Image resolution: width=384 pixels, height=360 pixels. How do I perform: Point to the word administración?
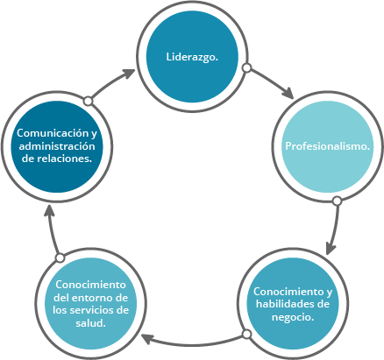point(57,146)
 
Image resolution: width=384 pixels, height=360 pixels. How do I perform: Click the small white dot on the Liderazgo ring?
point(247,68)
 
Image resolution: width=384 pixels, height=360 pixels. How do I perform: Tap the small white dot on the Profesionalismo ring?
point(338,201)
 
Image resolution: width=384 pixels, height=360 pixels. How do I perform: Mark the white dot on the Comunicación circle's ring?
point(88,101)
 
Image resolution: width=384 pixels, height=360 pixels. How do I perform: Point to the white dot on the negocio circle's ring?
point(247,334)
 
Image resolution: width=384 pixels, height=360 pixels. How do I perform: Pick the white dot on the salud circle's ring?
point(60,258)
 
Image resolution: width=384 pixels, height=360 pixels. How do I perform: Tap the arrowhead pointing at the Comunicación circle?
point(49,211)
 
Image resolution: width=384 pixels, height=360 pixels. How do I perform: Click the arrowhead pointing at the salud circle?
point(147,339)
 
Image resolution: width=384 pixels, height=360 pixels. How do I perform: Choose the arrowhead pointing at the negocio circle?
point(331,248)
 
